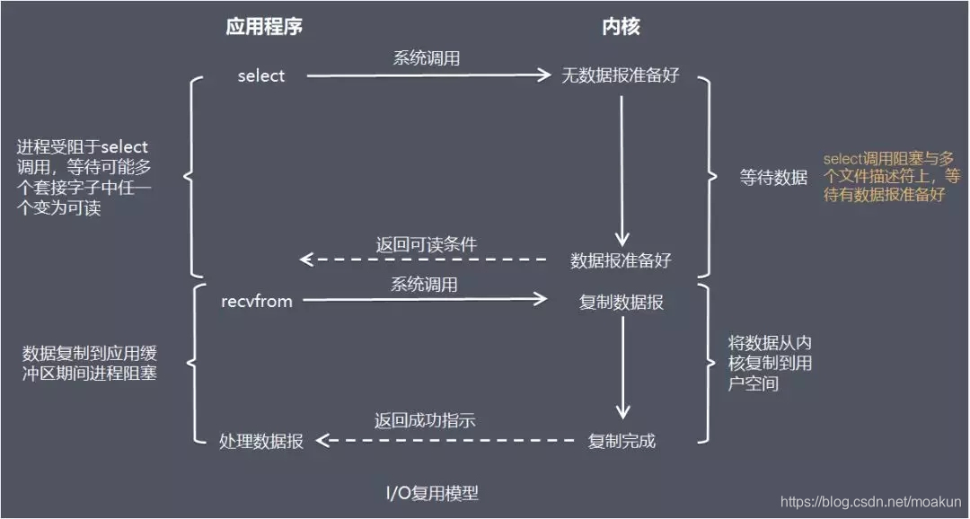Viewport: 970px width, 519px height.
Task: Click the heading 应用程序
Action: [x=264, y=27]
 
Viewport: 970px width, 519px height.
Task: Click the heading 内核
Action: [x=621, y=27]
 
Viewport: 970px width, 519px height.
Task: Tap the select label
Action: [x=261, y=76]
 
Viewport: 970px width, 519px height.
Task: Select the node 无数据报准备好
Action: [x=621, y=76]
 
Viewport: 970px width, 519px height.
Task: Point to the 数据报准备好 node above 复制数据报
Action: [x=621, y=260]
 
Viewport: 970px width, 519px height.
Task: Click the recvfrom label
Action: [x=257, y=301]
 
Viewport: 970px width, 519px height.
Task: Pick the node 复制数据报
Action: [x=622, y=303]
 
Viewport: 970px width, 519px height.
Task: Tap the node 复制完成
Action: [x=622, y=441]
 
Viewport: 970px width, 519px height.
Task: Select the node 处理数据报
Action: [x=261, y=441]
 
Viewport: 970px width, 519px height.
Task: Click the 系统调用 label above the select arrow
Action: [x=426, y=58]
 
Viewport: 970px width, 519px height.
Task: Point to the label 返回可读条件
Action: [x=425, y=244]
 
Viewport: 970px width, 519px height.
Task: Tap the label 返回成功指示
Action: [x=425, y=420]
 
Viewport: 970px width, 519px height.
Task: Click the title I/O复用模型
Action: [x=432, y=493]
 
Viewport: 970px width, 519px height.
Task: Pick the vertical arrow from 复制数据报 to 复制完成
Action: [x=622, y=368]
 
